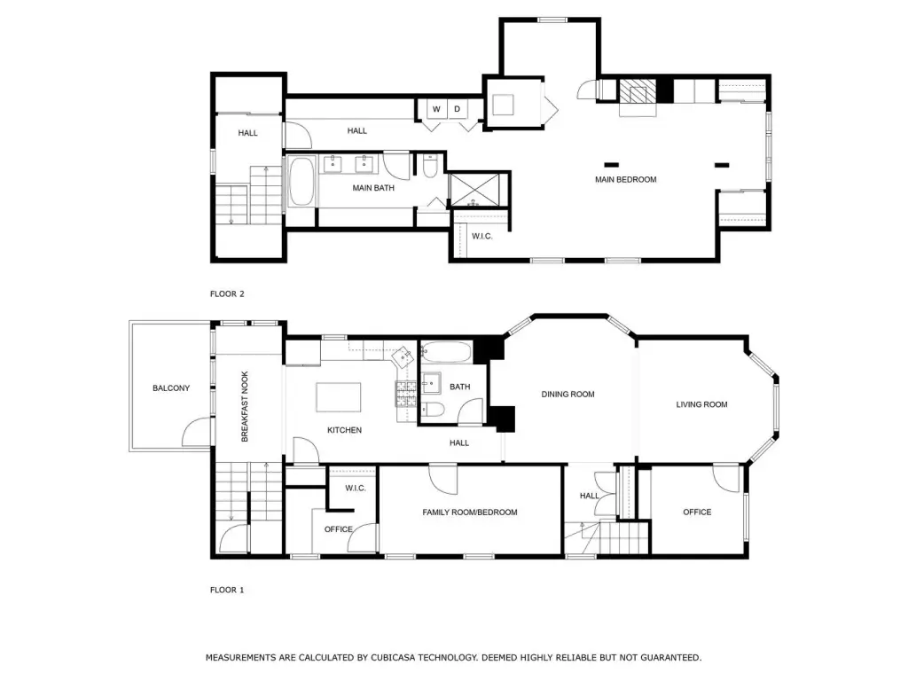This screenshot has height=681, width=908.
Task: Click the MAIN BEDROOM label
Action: point(625,179)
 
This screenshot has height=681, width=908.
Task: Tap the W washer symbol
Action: point(436,109)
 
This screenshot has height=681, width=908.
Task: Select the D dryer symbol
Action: point(457,109)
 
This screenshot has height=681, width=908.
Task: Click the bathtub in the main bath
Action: point(301,181)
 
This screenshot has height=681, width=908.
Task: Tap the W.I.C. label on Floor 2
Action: point(481,236)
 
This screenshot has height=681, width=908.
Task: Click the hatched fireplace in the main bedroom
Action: point(638,91)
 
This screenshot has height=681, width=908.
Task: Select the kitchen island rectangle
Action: point(339,396)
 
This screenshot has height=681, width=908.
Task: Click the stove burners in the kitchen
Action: point(406,394)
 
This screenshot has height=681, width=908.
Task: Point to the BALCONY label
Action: point(171,388)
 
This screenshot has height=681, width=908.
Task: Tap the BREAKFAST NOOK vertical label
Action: point(245,406)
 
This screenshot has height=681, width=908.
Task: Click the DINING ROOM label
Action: point(567,395)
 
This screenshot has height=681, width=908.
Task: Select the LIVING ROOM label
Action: point(701,404)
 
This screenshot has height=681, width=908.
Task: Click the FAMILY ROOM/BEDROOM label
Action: point(470,512)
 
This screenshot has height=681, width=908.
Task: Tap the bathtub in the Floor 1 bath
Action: point(447,352)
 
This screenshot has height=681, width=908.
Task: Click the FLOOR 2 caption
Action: point(227,294)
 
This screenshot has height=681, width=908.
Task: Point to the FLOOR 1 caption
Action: point(227,590)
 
